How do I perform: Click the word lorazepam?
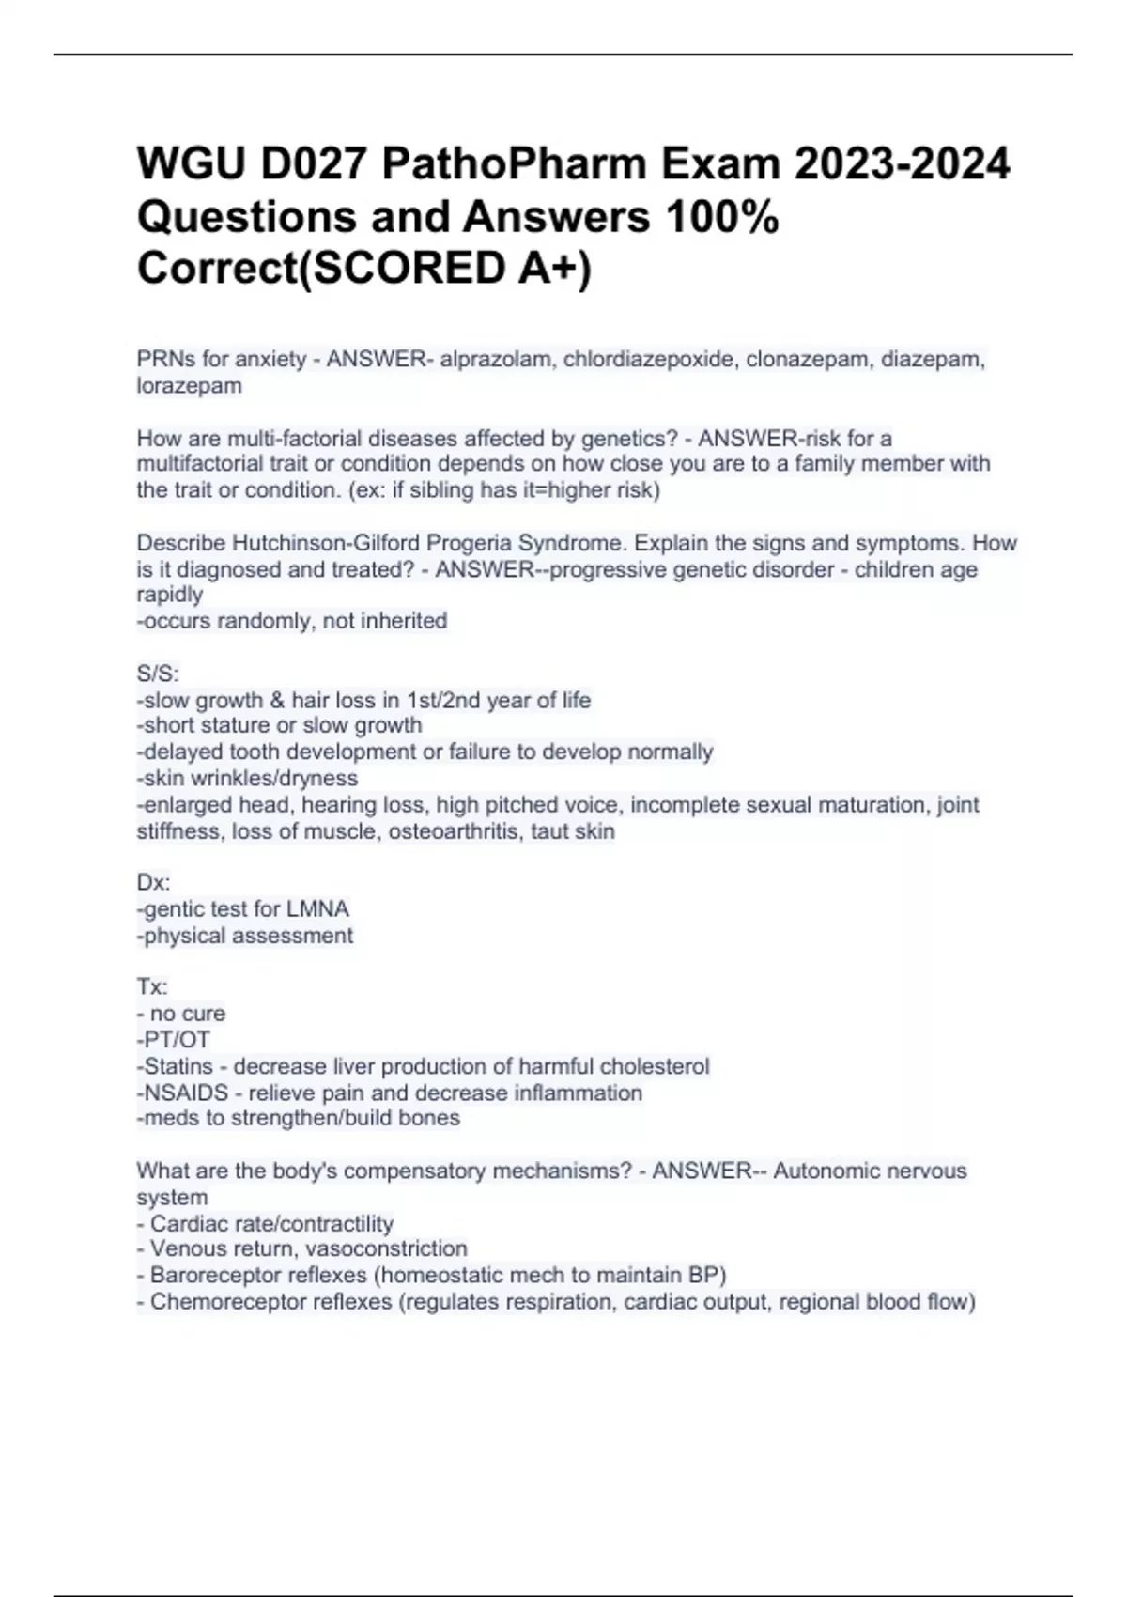pyautogui.click(x=189, y=386)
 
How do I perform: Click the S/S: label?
pyautogui.click(x=158, y=674)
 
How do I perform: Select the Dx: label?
pyautogui.click(x=154, y=883)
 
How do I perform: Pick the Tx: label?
pyautogui.click(x=152, y=987)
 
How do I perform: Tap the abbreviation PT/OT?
pyautogui.click(x=177, y=1040)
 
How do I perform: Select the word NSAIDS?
pyautogui.click(x=186, y=1093)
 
